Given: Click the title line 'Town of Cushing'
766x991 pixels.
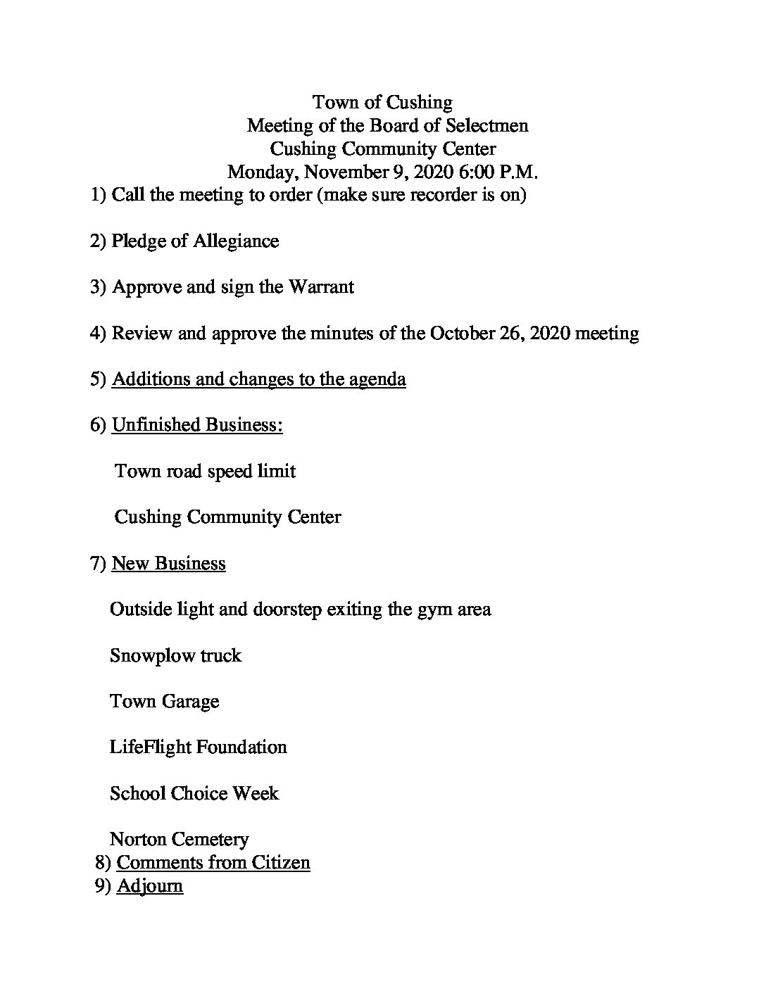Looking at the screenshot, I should (x=382, y=103).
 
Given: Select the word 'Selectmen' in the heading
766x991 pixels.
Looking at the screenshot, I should (x=491, y=126).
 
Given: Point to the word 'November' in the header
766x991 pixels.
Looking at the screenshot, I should (x=345, y=172).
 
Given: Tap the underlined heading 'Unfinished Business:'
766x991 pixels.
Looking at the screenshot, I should (x=197, y=425).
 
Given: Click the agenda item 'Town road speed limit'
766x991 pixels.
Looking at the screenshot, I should (x=205, y=471).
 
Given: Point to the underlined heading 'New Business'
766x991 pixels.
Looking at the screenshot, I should (x=169, y=563).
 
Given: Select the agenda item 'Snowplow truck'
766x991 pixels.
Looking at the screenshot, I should (x=176, y=655).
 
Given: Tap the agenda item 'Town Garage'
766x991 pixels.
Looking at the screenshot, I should (x=165, y=702).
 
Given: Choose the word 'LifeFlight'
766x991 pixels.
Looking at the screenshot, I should (x=150, y=747).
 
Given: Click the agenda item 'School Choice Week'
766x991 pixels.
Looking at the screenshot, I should (x=194, y=793).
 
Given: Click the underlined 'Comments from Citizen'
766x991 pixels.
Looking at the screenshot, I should (x=213, y=862).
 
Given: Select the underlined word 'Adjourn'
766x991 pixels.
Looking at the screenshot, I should (x=150, y=885).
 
